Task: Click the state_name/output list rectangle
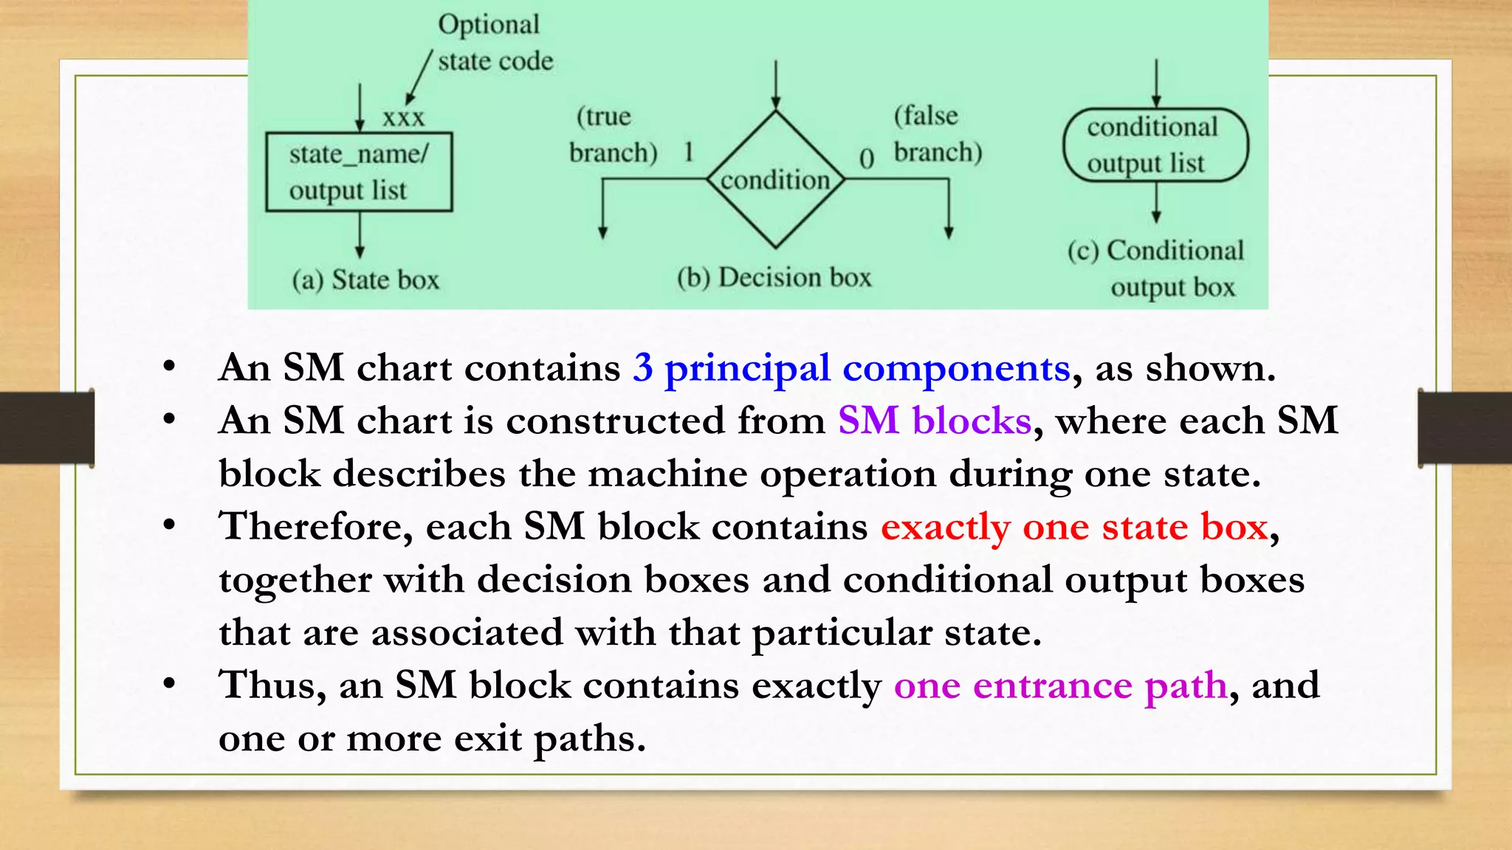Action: pos(359,172)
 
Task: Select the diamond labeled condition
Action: pos(775,179)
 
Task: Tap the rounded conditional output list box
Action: pos(1155,145)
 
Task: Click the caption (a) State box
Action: pos(365,280)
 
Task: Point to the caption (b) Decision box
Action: pos(774,277)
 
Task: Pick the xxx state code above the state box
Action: pos(403,117)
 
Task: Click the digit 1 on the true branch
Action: pos(688,152)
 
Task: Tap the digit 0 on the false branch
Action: pos(867,159)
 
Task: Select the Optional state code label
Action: pos(495,43)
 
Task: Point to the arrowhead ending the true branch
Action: pos(603,232)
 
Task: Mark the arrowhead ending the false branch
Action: pos(949,232)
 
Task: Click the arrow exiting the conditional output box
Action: pos(1156,204)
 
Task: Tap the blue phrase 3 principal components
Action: pos(851,367)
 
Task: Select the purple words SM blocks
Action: pos(934,421)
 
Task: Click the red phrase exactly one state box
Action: pos(1074,527)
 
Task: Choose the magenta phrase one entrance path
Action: pos(1060,685)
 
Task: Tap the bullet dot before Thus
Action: pos(170,683)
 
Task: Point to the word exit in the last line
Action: pos(487,738)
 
